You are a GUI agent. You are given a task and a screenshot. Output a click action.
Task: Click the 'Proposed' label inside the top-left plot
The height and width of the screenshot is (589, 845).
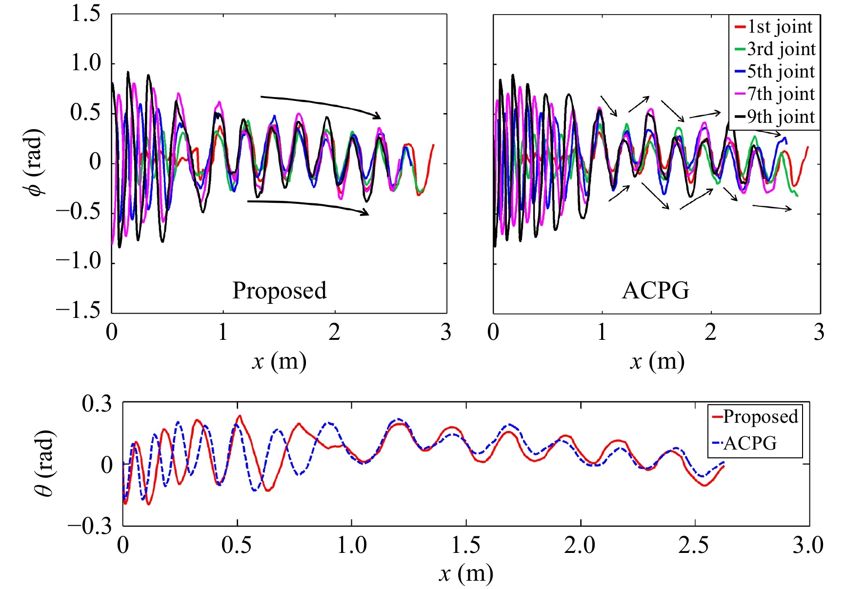click(279, 291)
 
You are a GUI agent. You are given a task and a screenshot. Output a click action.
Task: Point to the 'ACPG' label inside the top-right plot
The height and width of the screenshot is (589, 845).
click(656, 291)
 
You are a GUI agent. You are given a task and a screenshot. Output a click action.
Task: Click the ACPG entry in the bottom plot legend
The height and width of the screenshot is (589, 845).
click(750, 443)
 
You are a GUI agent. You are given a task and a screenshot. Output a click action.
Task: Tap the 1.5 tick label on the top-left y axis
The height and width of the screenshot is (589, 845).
click(86, 14)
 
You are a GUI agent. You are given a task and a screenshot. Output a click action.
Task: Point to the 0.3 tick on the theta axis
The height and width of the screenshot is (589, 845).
click(97, 404)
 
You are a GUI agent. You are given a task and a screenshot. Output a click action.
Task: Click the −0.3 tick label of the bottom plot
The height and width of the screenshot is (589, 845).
click(90, 526)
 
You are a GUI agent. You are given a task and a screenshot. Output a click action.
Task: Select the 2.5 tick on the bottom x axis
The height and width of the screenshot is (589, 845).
click(693, 545)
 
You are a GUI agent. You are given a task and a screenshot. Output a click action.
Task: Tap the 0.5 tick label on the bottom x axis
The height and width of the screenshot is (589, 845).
click(237, 545)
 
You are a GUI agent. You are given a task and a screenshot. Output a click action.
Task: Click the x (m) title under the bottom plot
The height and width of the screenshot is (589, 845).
click(465, 574)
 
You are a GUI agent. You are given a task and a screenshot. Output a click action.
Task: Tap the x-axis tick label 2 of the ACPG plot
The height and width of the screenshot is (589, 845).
click(710, 333)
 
